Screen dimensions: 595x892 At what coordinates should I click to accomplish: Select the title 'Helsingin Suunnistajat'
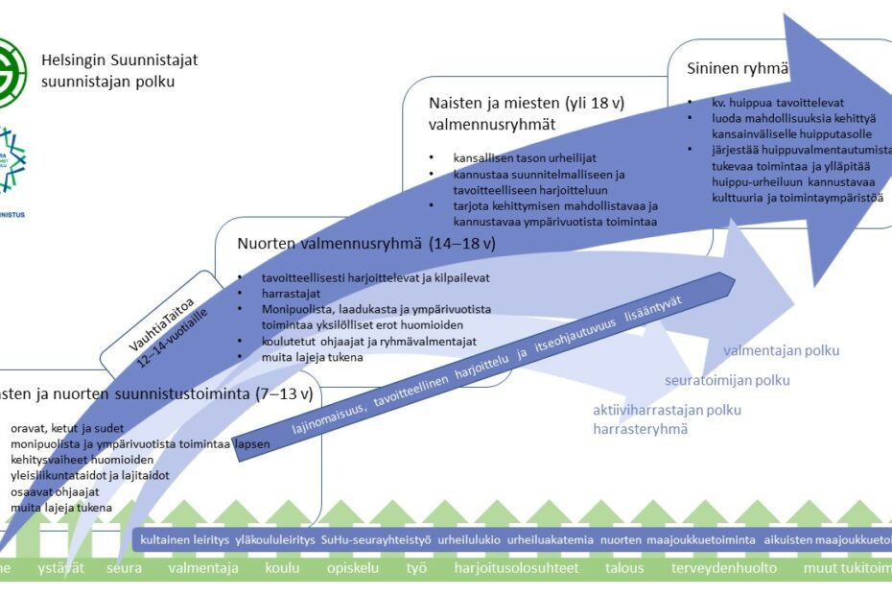click(119, 59)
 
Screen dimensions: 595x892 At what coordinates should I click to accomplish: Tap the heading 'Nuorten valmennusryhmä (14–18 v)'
click(365, 243)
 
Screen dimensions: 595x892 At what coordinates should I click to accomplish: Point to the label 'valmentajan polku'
click(781, 351)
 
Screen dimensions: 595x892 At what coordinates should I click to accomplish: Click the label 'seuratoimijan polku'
click(727, 380)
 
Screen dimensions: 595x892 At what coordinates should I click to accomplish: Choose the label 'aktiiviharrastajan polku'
click(667, 410)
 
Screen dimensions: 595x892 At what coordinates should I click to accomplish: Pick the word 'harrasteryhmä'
click(640, 429)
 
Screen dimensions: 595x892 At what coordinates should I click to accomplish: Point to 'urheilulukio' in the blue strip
click(469, 540)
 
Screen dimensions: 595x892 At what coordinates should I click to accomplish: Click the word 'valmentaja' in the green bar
click(202, 568)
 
